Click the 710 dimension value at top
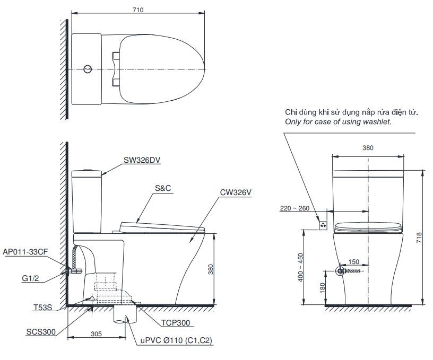coord(138,10)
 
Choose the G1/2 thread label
coord(30,277)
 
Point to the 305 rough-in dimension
coord(96,335)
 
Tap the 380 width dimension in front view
coord(368,148)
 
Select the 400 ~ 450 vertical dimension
coord(300,266)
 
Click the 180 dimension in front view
coord(322,287)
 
